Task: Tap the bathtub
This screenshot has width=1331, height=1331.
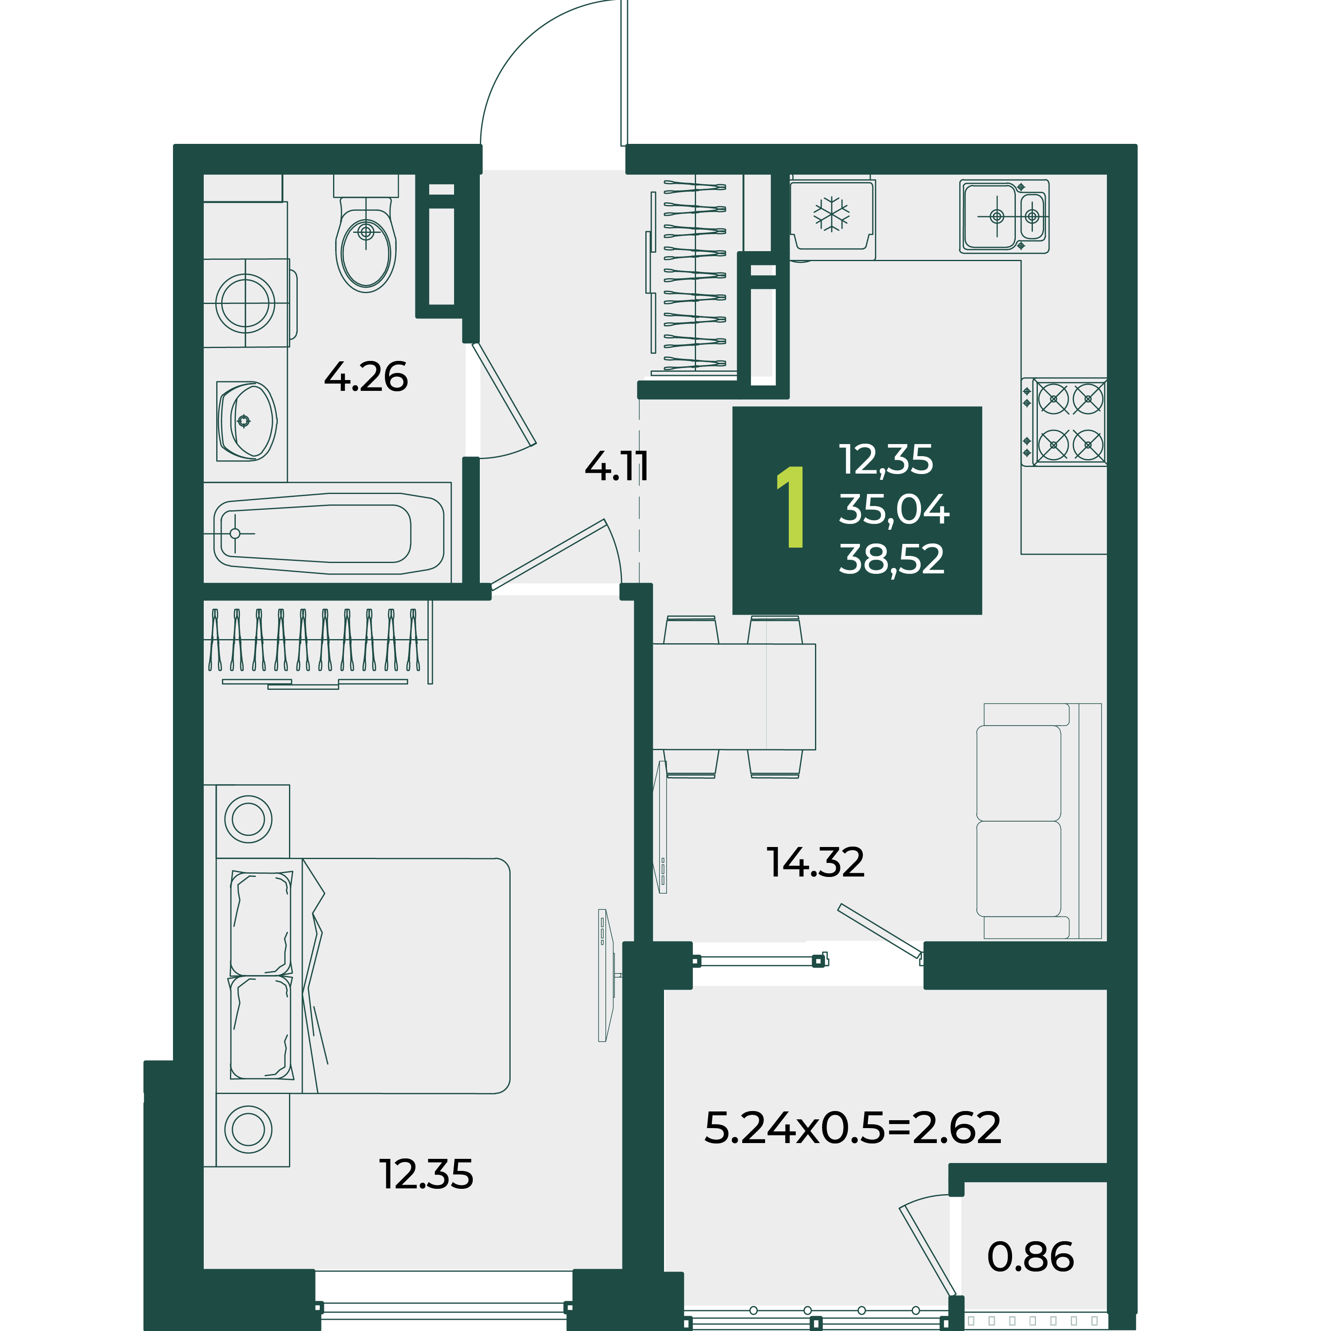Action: click(x=328, y=533)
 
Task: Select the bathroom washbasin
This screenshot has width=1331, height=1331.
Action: click(x=247, y=420)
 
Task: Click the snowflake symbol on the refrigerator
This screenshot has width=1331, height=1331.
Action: click(x=832, y=214)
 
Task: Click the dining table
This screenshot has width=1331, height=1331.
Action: click(x=734, y=696)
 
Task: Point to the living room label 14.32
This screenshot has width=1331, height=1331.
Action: click(x=816, y=862)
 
